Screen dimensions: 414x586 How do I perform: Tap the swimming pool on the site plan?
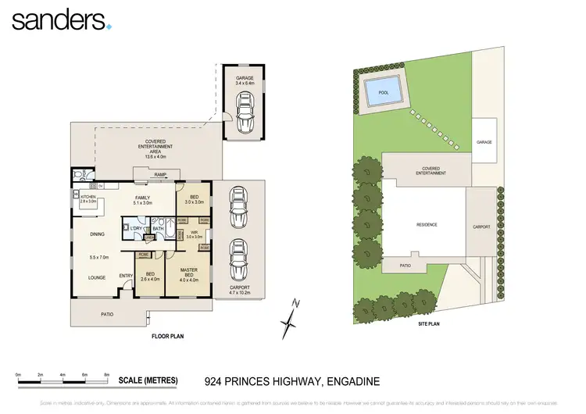point(383,90)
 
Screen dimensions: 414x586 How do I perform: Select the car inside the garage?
point(245,113)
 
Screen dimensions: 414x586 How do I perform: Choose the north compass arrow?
point(291,315)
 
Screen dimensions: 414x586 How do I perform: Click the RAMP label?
point(161,175)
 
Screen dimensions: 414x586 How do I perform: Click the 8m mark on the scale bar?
point(107,376)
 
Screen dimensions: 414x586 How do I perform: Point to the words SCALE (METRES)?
point(148,381)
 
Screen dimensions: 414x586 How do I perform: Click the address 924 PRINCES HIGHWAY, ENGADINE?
point(291,381)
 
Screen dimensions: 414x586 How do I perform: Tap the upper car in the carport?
point(238,207)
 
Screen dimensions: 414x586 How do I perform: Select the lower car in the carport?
point(238,259)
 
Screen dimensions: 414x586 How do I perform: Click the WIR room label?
point(193,234)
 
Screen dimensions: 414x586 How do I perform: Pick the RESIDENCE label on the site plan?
point(427,225)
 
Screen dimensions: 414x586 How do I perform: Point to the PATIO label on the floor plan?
point(106,314)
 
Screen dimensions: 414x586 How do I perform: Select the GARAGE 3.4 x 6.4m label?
point(245,80)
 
